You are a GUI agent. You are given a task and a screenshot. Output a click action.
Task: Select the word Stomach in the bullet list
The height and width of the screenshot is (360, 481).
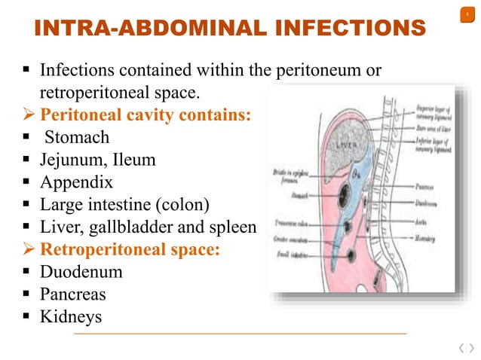pyautogui.click(x=77, y=137)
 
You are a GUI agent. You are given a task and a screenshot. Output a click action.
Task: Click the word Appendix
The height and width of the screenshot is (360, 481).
pyautogui.click(x=76, y=182)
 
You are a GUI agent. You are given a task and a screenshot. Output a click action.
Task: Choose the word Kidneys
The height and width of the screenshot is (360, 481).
pyautogui.click(x=70, y=316)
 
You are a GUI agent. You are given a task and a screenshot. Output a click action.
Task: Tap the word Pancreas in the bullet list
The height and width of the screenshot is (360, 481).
pyautogui.click(x=73, y=294)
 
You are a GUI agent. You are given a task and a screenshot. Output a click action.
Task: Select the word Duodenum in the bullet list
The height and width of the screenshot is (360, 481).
pyautogui.click(x=81, y=271)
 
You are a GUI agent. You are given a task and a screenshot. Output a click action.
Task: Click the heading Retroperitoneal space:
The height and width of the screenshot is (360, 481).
pyautogui.click(x=130, y=249)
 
